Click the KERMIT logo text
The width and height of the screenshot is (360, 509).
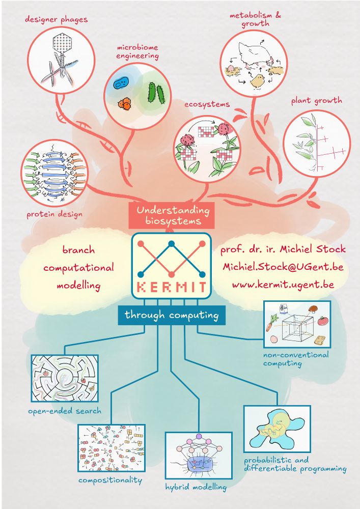point(172,287)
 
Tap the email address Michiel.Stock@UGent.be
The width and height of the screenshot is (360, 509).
point(283,267)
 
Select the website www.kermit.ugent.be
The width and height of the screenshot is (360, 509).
point(283,285)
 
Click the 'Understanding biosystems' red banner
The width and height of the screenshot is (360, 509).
point(172,215)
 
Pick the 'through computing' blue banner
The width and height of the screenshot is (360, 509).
point(172,315)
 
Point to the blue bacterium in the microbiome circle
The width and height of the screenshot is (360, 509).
point(121,83)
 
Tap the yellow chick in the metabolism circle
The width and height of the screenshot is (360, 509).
point(258,81)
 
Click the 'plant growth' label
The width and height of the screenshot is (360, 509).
point(317,101)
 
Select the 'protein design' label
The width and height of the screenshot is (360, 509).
point(54,215)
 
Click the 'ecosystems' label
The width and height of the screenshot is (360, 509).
point(207,104)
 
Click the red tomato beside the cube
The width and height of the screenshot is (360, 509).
point(323,321)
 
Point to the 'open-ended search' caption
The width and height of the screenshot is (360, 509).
point(65,411)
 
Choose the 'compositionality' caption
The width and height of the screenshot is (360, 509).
point(110,480)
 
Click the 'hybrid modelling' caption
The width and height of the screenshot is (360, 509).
point(196,487)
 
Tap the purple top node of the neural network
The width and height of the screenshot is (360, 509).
point(199,437)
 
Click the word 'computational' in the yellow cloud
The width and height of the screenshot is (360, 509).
point(78,268)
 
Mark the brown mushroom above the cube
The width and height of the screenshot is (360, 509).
point(313,309)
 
